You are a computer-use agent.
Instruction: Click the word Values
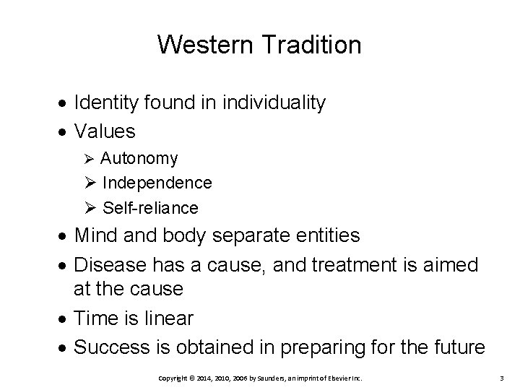(105, 131)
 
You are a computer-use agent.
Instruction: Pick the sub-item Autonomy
(139, 158)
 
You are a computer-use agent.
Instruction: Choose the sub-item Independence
(157, 183)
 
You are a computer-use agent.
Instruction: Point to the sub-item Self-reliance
(149, 208)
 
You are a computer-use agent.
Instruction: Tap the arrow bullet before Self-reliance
(90, 209)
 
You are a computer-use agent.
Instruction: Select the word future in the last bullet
(459, 347)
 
